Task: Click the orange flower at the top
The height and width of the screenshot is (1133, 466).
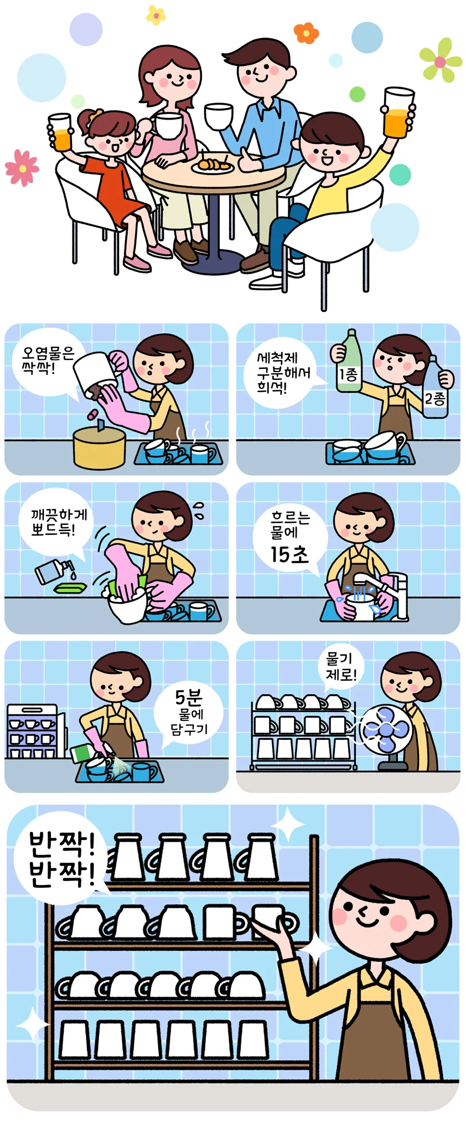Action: pos(306,33)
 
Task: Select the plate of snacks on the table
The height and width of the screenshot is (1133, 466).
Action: pos(213,165)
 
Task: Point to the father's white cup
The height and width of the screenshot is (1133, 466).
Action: pos(219,116)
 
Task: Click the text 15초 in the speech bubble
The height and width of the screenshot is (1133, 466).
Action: pos(289,554)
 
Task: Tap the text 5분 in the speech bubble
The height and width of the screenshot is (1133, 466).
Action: pos(189,697)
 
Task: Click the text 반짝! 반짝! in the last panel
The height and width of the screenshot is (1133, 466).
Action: pos(62,860)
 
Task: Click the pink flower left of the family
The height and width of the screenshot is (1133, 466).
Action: pos(22,167)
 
